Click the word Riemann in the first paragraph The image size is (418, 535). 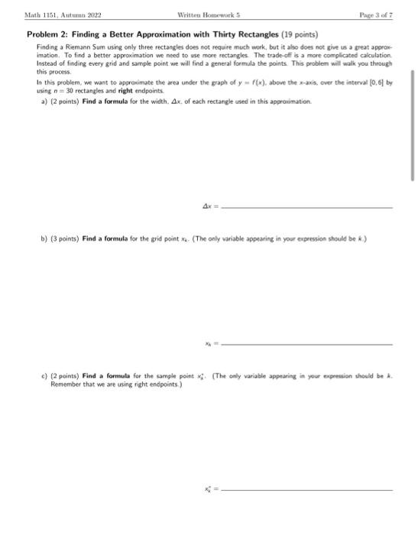(77, 47)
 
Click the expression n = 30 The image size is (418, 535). (63, 90)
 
